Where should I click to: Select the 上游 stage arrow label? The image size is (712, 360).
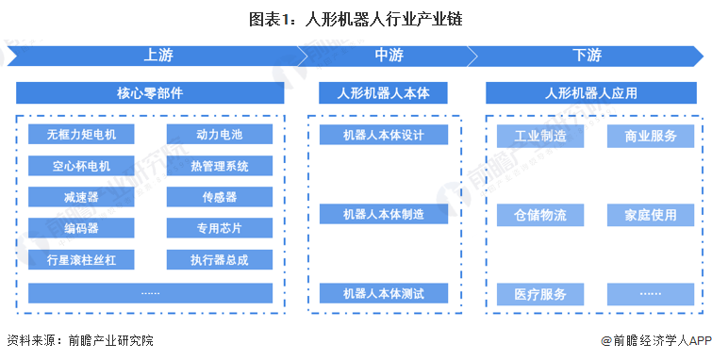(158, 56)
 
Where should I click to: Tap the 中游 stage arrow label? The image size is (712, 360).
(389, 56)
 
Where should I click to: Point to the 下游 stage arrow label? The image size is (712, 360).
(586, 56)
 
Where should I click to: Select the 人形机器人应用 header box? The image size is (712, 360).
(590, 93)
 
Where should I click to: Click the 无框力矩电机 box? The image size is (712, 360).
(82, 135)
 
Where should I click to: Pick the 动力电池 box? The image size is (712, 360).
(220, 135)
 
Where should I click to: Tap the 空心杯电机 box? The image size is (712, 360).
(82, 167)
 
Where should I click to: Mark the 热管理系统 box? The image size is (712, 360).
(220, 167)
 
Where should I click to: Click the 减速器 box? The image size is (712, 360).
(82, 198)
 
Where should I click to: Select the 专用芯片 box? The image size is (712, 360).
(220, 229)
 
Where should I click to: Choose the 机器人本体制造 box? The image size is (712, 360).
(383, 214)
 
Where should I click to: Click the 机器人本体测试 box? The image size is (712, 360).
(383, 293)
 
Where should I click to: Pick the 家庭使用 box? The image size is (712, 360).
(651, 215)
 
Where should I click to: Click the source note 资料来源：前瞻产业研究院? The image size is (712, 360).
(79, 340)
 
